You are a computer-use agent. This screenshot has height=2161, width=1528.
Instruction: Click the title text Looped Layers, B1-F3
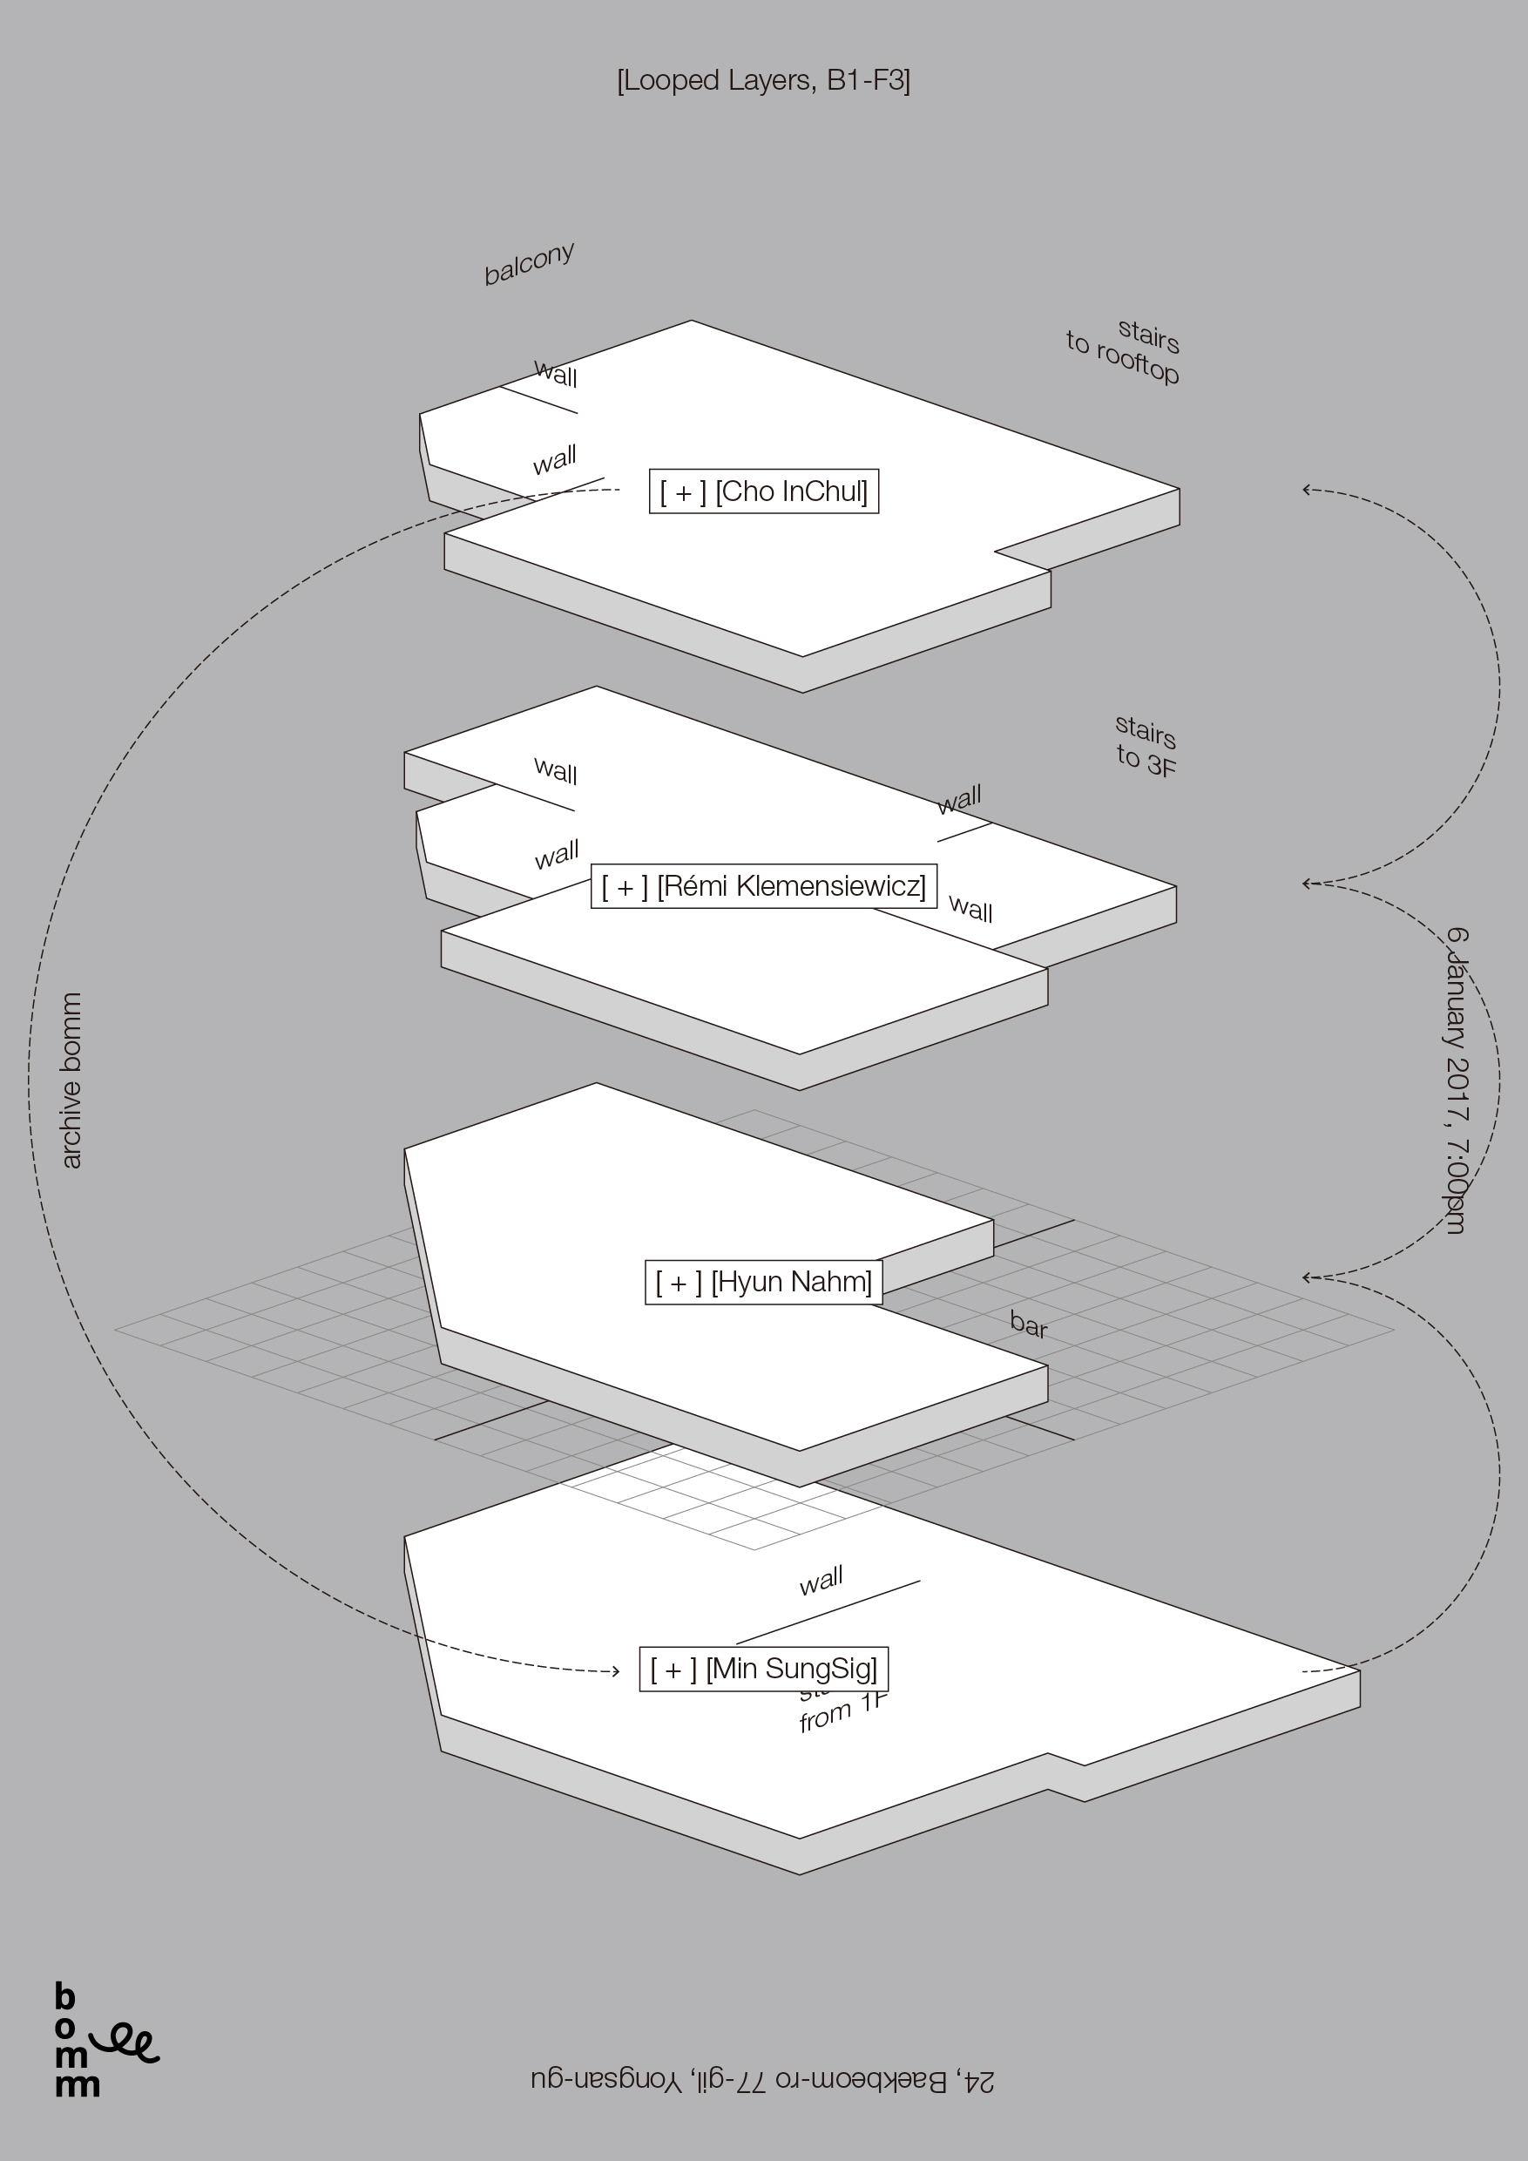(763, 81)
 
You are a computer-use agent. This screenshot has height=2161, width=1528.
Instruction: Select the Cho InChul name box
(763, 491)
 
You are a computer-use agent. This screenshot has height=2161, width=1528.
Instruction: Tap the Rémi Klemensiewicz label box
(763, 885)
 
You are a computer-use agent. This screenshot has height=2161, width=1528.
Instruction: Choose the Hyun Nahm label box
(763, 1282)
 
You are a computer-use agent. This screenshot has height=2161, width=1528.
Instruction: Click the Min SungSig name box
(763, 1669)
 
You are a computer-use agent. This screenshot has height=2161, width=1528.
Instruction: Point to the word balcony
(529, 265)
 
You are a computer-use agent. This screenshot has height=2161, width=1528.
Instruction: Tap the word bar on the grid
(1028, 1325)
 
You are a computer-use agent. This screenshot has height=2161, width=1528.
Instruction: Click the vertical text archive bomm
(71, 1080)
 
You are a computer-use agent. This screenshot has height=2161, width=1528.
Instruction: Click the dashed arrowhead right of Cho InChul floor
(1307, 490)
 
